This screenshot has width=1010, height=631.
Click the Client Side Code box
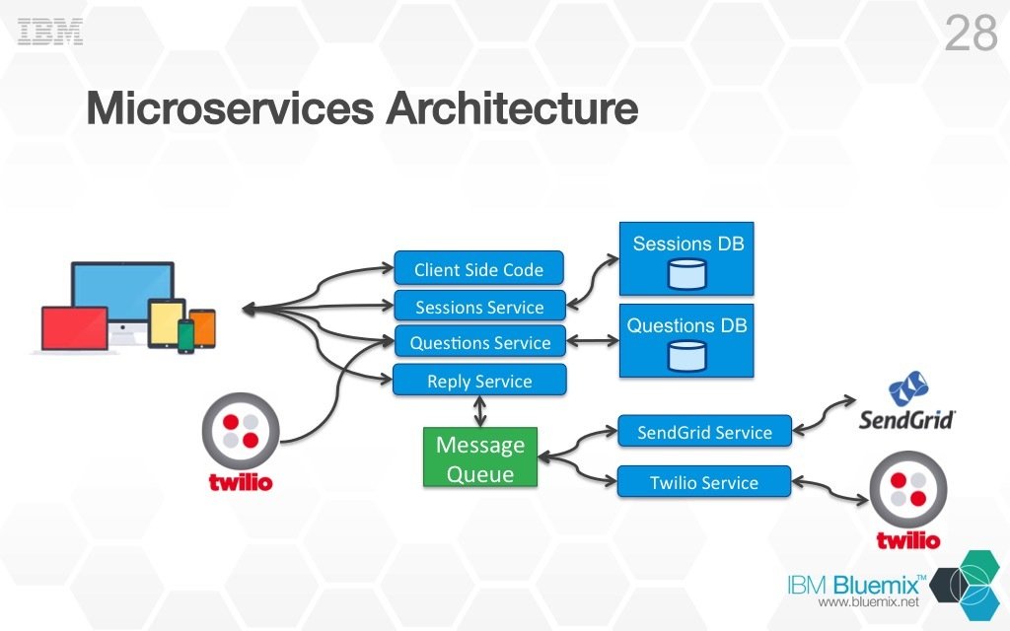pyautogui.click(x=478, y=269)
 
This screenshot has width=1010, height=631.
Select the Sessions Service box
pyautogui.click(x=479, y=307)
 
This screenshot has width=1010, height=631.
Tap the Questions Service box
pyautogui.click(x=479, y=343)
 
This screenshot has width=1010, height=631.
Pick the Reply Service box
pyautogui.click(x=479, y=381)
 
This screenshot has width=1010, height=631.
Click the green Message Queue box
pyautogui.click(x=480, y=458)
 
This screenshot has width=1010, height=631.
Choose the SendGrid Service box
pyautogui.click(x=704, y=432)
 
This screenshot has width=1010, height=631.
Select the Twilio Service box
pyautogui.click(x=704, y=482)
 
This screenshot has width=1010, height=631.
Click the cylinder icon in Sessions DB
pyautogui.click(x=687, y=274)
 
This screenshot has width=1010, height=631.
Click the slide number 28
pyautogui.click(x=971, y=35)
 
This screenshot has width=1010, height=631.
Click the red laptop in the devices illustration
pyautogui.click(x=75, y=328)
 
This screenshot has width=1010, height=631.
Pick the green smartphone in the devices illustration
pyautogui.click(x=186, y=335)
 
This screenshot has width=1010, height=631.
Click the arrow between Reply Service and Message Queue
pyautogui.click(x=480, y=411)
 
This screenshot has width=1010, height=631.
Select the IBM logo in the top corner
pyautogui.click(x=50, y=32)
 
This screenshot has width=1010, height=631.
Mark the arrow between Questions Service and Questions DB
pyautogui.click(x=593, y=342)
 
